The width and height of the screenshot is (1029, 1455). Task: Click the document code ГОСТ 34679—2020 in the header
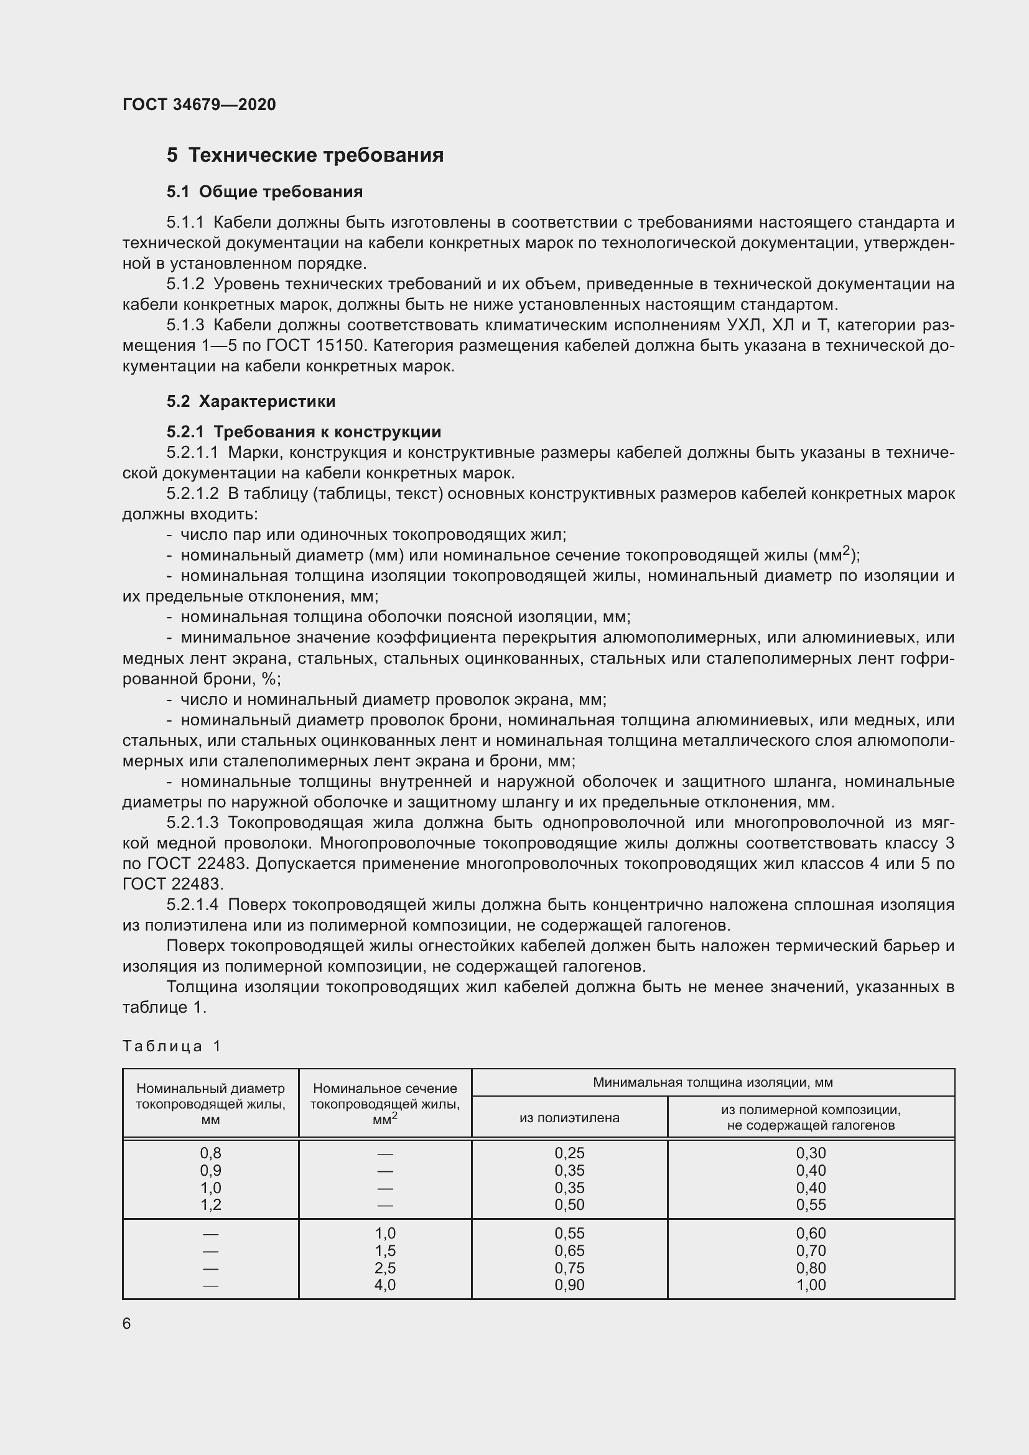coord(199,105)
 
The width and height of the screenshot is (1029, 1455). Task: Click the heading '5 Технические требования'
coord(305,156)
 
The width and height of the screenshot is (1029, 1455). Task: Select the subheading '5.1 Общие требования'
coord(264,192)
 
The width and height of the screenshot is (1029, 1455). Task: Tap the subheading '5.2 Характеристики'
coord(251,401)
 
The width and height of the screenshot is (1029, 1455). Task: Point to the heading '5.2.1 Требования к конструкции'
coord(304,432)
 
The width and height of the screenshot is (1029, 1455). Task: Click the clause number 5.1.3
coord(185,325)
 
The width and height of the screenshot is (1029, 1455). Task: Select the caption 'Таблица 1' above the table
coord(172,1046)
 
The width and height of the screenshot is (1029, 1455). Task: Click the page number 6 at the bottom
coord(127,1324)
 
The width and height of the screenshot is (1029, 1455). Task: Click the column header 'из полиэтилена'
coord(569,1118)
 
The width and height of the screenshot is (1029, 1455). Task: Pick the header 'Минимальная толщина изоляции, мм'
coord(712,1082)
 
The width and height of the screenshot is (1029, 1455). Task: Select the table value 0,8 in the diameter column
coord(210,1153)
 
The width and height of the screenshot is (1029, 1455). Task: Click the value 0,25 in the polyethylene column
coord(569,1153)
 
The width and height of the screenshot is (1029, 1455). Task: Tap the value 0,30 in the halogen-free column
coord(811,1153)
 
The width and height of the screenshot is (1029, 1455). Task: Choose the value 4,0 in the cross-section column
coord(385,1285)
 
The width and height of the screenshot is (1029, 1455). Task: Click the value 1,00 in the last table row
coord(811,1285)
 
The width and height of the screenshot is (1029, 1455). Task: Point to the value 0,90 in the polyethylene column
coord(569,1285)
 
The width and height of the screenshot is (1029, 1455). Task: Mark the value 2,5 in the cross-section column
coord(385,1268)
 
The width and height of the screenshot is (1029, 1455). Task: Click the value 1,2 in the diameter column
coord(210,1205)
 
